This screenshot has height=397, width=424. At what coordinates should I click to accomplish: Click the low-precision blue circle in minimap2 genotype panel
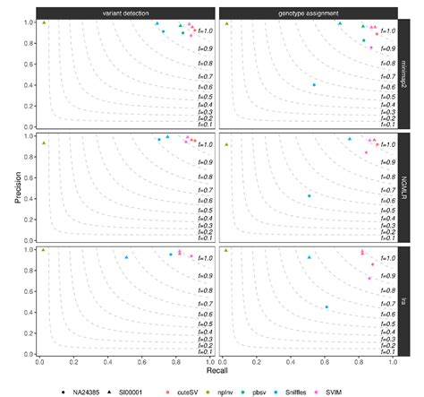[x=313, y=85]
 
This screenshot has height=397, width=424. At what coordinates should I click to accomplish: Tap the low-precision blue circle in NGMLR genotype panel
[x=309, y=196]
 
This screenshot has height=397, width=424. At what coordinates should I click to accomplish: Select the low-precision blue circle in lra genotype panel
[x=326, y=307]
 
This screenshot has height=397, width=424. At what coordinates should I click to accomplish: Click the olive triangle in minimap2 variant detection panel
[x=44, y=22]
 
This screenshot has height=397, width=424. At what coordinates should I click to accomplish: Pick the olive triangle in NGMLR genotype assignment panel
[x=226, y=142]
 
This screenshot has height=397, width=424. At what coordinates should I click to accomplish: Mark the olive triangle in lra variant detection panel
[x=44, y=250]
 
